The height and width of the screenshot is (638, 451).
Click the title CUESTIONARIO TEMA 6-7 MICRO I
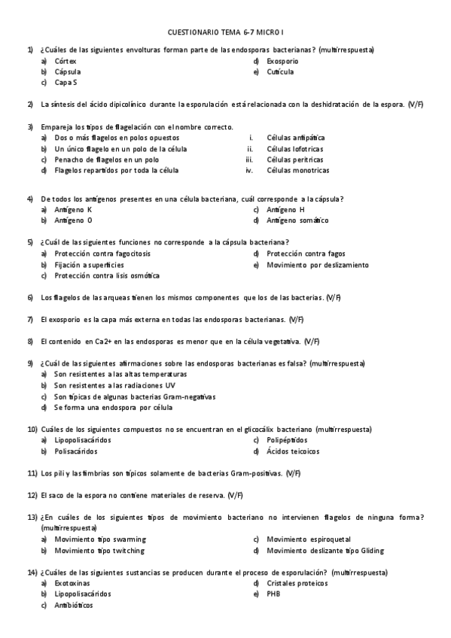point(225,33)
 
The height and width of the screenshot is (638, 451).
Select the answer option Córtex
point(66,61)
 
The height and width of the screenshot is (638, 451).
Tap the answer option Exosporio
point(282,61)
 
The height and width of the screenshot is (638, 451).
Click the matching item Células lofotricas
point(294,149)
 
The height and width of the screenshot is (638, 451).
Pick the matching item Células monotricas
point(297,170)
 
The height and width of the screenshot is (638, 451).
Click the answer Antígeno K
point(73,210)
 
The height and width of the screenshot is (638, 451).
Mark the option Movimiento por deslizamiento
point(317,265)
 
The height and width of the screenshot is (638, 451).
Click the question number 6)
point(31,298)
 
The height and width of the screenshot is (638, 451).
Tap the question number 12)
point(32,495)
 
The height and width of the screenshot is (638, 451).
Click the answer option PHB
point(273,594)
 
